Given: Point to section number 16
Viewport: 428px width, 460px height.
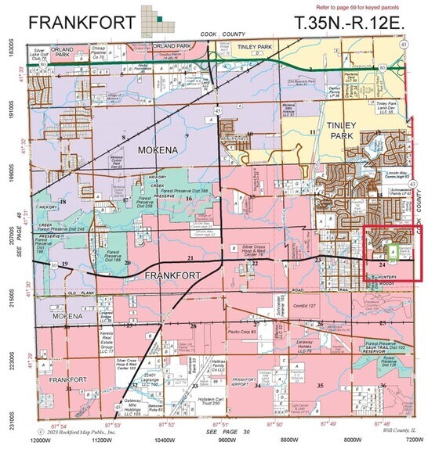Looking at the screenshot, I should [189, 199].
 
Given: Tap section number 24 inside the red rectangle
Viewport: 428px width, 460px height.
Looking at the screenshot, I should [381, 264].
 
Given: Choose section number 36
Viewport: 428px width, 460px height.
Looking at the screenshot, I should [383, 385].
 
